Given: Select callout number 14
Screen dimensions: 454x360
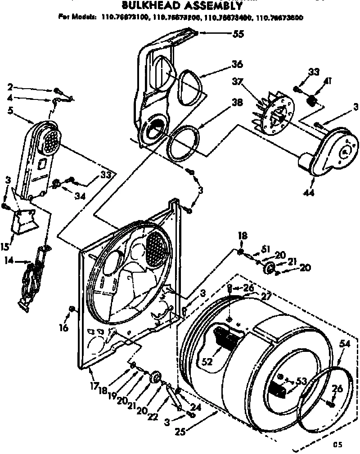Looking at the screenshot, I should tap(8, 260).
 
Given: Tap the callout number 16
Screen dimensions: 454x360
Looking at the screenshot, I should tap(63, 328).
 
